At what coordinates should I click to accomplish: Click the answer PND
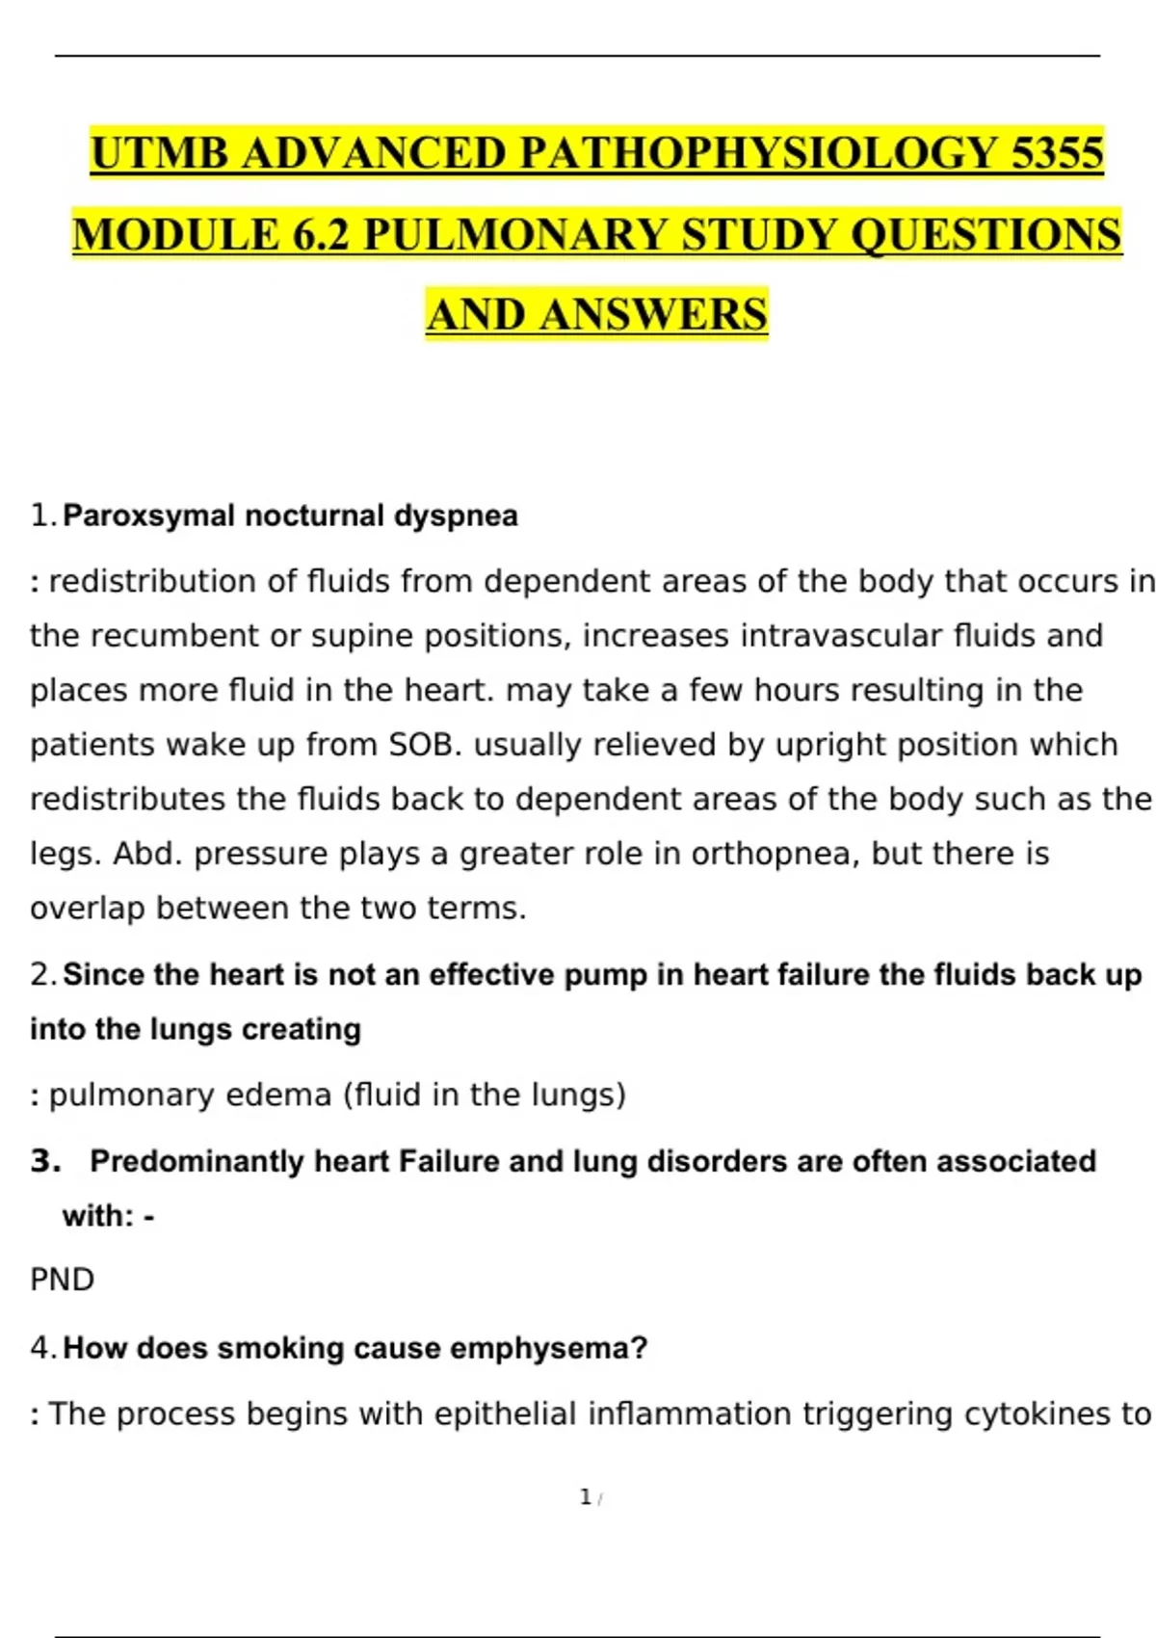coord(62,1280)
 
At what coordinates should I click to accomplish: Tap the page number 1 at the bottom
coord(586,1497)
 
